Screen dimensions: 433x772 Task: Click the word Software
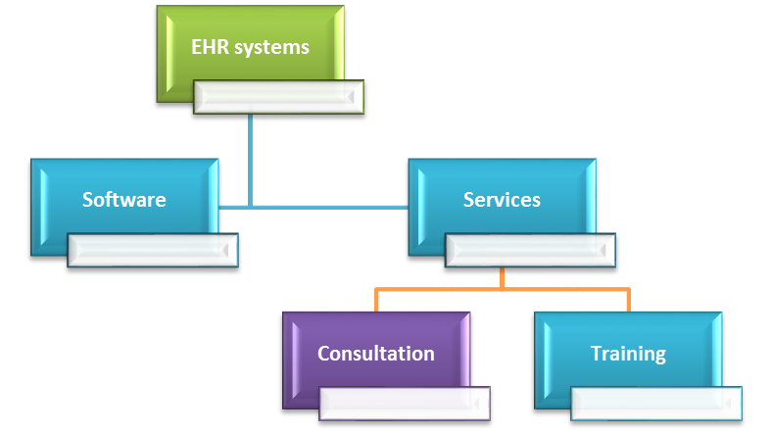[124, 200]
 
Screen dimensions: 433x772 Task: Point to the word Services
[502, 200]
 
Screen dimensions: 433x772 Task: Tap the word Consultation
[376, 354]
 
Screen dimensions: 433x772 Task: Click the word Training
[628, 354]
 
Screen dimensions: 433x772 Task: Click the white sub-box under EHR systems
[279, 96]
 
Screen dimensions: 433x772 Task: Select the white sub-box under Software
[153, 250]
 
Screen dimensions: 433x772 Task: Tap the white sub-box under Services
[531, 250]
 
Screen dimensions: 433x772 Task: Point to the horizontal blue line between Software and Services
[314, 207]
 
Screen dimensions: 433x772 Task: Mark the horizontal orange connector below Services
[502, 289]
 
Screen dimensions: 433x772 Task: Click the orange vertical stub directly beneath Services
[502, 277]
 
